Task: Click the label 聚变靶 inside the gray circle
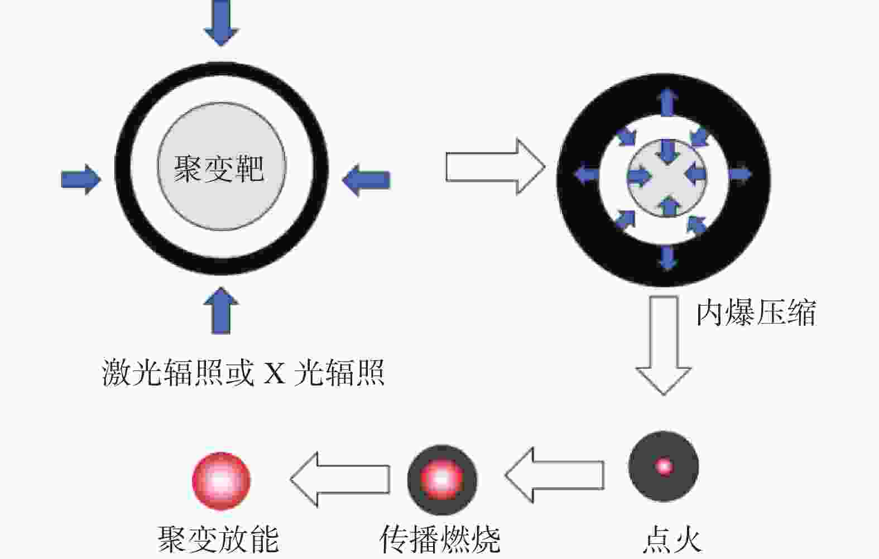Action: coord(219,168)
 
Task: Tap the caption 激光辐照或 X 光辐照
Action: coord(243,372)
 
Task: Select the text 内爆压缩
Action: coord(756,312)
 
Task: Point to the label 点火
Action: coord(672,541)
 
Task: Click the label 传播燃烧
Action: coord(440,540)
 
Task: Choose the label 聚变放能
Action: coord(219,540)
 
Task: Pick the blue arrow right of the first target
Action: coord(366,180)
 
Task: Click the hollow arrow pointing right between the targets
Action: coord(496,167)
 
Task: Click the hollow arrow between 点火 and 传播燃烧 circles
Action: coord(555,475)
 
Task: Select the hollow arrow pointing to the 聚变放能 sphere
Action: coord(340,479)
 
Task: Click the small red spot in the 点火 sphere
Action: coord(664,466)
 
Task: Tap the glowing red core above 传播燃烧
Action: coord(442,479)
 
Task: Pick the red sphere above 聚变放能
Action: coord(221,481)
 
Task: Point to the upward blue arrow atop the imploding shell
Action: coord(667,103)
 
